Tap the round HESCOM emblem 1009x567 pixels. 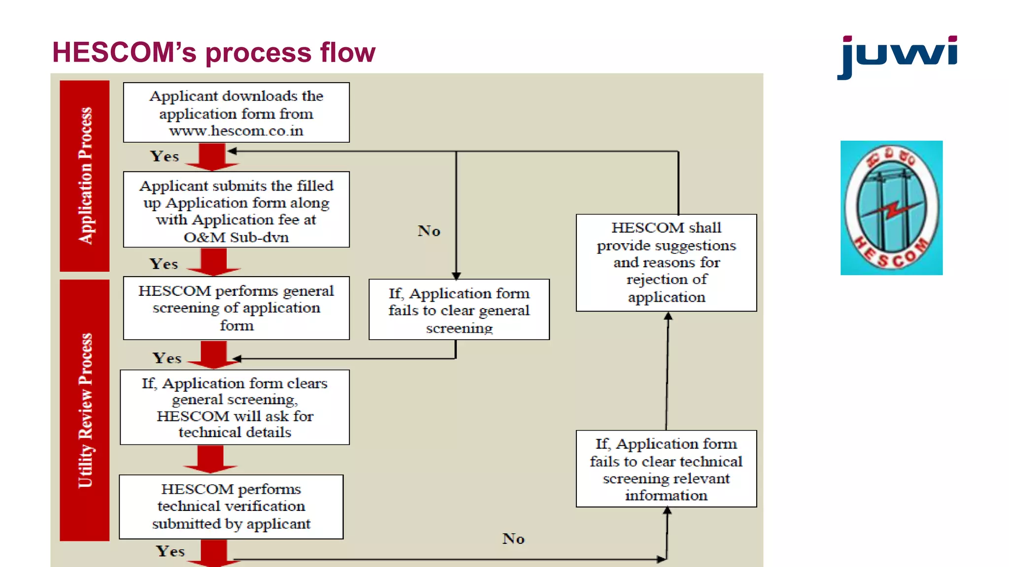pyautogui.click(x=891, y=208)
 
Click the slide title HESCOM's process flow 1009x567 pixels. pyautogui.click(x=213, y=52)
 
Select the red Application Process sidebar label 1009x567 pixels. pyautogui.click(x=85, y=176)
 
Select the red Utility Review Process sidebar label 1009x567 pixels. pyautogui.click(x=85, y=410)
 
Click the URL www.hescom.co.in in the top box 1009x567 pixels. pyautogui.click(x=236, y=131)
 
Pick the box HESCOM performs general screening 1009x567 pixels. pyautogui.click(x=236, y=308)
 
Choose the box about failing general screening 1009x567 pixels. pyautogui.click(x=459, y=310)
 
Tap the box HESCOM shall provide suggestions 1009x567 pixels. pyautogui.click(x=666, y=262)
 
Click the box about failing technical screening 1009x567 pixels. pyautogui.click(x=666, y=469)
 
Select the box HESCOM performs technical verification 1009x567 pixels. pyautogui.click(x=231, y=506)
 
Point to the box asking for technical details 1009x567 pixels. pyautogui.click(x=235, y=408)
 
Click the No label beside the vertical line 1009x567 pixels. pyautogui.click(x=429, y=231)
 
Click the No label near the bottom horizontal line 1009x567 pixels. pyautogui.click(x=513, y=538)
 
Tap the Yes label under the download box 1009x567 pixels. pyautogui.click(x=164, y=157)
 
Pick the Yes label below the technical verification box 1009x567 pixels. pyautogui.click(x=170, y=551)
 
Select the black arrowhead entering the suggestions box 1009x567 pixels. pyautogui.click(x=668, y=316)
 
